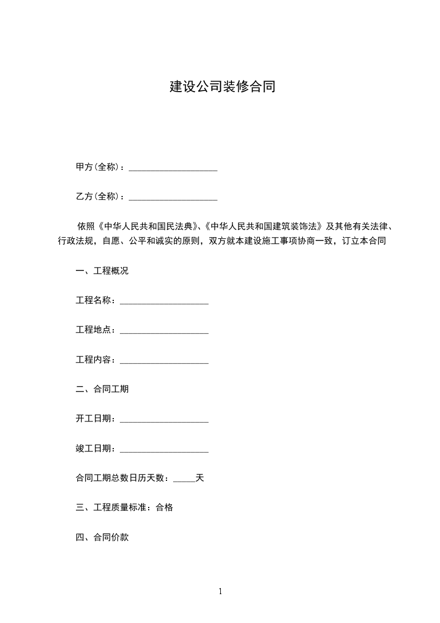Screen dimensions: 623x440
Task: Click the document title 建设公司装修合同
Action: coord(222,87)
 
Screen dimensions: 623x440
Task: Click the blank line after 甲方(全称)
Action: coord(173,167)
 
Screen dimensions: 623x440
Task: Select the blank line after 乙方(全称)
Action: coord(173,197)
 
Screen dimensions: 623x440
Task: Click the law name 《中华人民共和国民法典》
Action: coord(148,227)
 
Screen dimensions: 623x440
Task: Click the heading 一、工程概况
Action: coord(102,271)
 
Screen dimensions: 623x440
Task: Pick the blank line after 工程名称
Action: coord(164,302)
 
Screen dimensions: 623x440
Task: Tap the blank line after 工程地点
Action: coord(164,331)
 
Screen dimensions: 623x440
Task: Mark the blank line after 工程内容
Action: coord(164,361)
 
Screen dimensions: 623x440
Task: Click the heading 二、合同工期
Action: coord(102,389)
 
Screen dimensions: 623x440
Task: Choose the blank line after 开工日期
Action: coord(164,420)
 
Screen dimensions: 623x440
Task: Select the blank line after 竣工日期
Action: coord(164,450)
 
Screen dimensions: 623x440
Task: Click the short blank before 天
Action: coord(184,479)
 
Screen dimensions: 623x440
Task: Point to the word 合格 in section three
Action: coord(164,508)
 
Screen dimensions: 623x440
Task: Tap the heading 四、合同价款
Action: coord(102,537)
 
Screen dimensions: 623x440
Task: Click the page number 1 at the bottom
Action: coord(220,592)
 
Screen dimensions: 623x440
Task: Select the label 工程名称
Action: coord(95,300)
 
